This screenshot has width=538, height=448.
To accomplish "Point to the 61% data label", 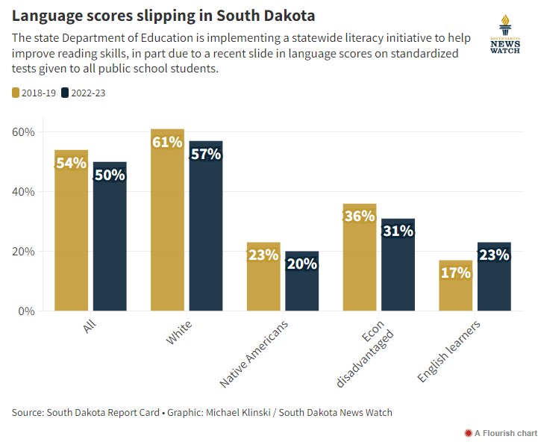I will pos(167,142).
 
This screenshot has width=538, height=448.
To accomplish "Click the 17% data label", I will pos(456,273).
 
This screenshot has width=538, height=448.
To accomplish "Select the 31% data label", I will pos(398,231).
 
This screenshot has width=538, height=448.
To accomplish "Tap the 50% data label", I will pos(110,175).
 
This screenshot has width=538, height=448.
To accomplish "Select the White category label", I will pos(178,333).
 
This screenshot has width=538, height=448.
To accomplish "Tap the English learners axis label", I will pos(448,351).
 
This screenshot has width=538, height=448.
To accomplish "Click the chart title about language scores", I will pos(163,16).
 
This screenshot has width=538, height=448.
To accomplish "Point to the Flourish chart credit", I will pos(500,432).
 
